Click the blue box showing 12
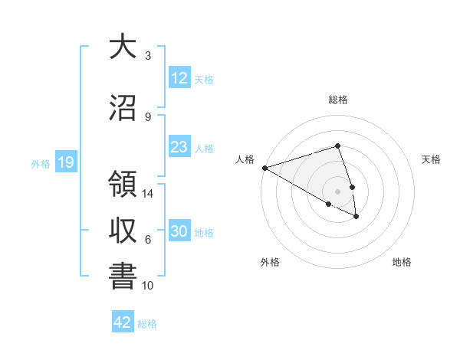coord(179,78)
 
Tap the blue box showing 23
coord(179,147)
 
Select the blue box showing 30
coord(179,231)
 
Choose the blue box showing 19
coord(65,162)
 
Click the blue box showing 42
coord(123,322)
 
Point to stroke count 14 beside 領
coord(148,194)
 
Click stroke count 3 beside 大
coord(148,56)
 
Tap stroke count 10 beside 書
coord(148,286)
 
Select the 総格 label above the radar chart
coord(337,100)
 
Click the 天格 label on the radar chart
coord(431,159)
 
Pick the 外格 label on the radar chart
coord(270,262)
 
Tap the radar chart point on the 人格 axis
coord(264,167)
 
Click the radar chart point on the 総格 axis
coord(337,146)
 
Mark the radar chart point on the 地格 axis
coord(357,217)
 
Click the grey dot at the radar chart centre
coord(337,191)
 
